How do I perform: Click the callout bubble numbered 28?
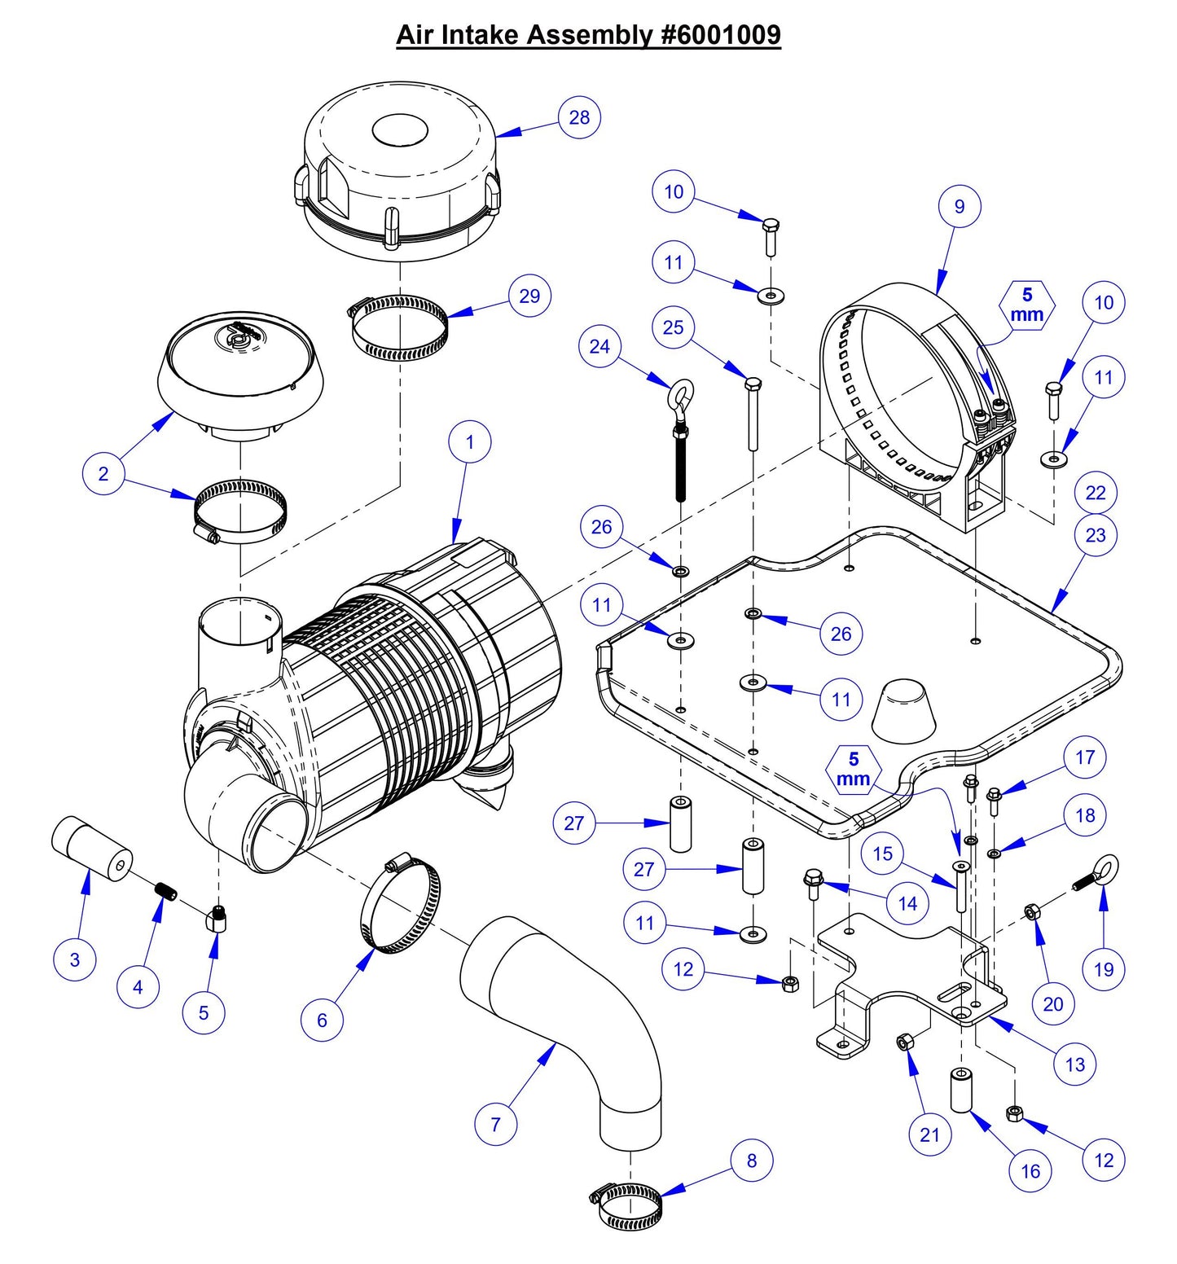[579, 117]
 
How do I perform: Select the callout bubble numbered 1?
[470, 442]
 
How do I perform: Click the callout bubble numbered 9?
[959, 206]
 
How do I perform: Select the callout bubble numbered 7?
[495, 1124]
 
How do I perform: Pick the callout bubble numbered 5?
[204, 1012]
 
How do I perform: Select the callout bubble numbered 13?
[1074, 1064]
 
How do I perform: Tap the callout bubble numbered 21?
[929, 1135]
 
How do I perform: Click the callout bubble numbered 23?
[1096, 535]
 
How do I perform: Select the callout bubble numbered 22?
[1096, 493]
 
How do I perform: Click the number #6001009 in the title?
[717, 35]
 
